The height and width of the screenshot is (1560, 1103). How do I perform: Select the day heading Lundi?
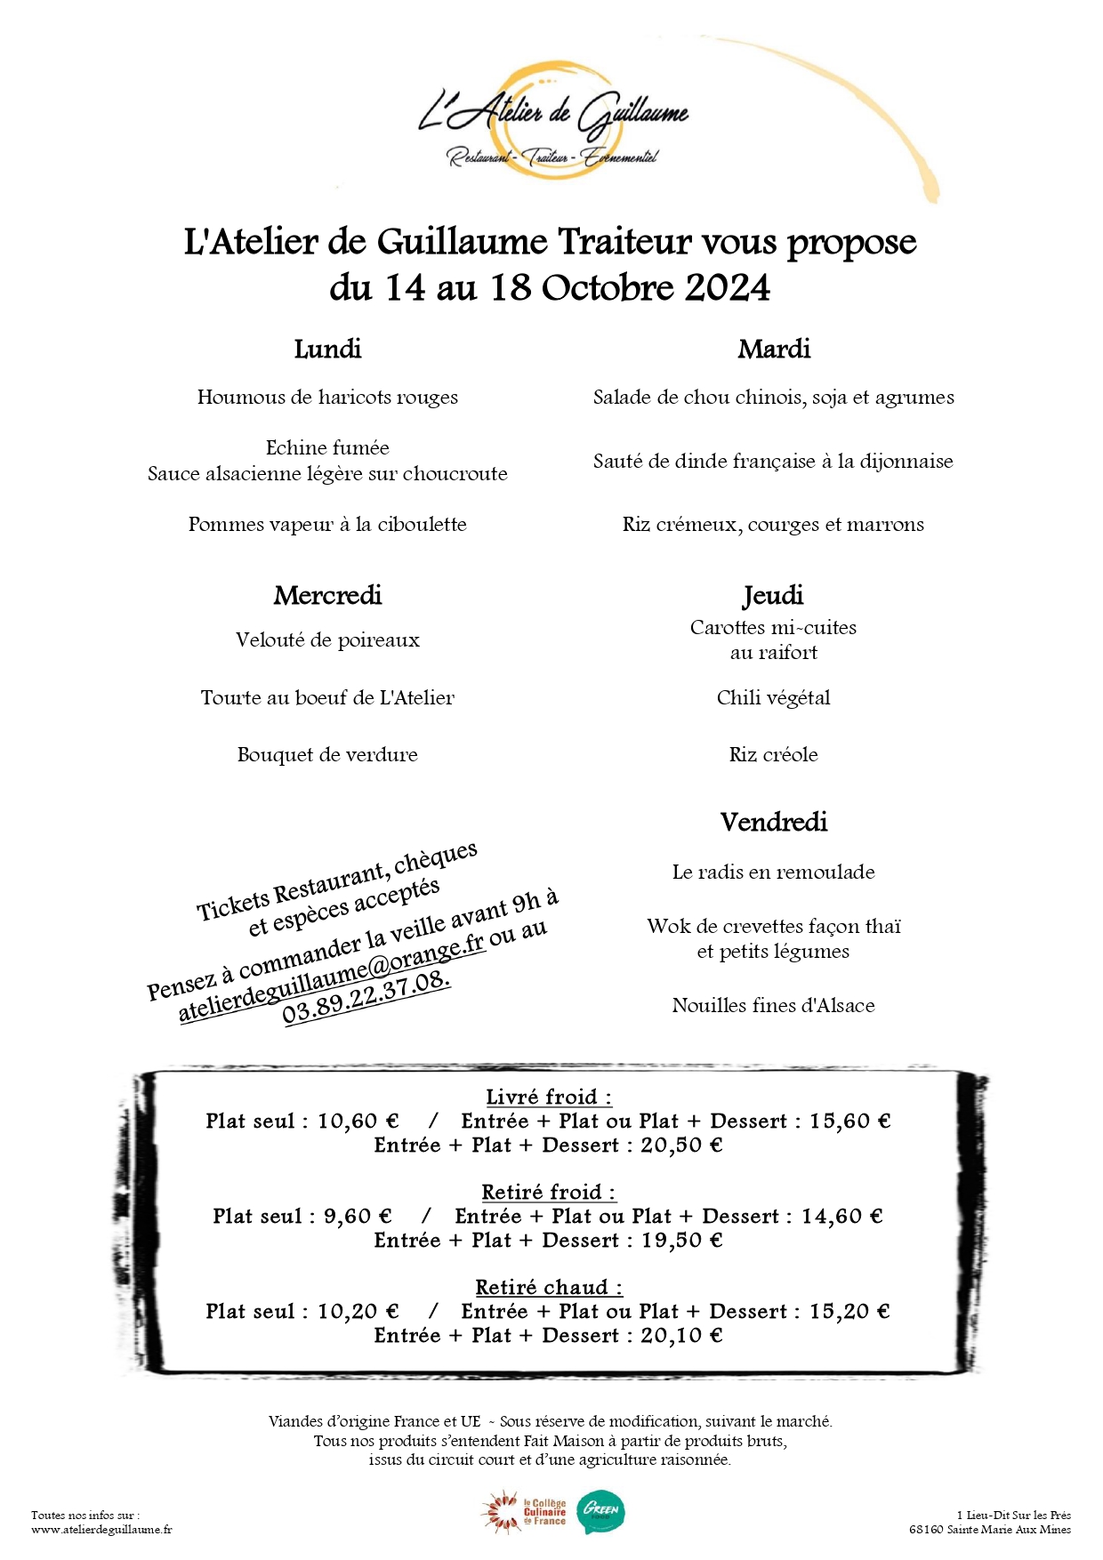tap(327, 349)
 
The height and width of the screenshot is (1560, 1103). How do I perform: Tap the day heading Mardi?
tap(774, 349)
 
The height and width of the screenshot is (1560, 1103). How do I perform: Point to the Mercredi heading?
tap(327, 595)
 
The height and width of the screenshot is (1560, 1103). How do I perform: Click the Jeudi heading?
tap(773, 595)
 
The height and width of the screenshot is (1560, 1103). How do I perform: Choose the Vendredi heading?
tap(774, 822)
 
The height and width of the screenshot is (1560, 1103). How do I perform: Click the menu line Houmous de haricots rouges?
tap(327, 398)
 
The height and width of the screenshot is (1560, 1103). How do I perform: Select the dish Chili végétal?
tap(773, 698)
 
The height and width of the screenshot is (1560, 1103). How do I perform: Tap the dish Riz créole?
tap(773, 755)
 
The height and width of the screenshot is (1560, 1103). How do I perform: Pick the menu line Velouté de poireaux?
tap(327, 640)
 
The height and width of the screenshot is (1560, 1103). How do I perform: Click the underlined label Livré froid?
tap(548, 1098)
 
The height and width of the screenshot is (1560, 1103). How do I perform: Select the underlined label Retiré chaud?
tap(548, 1288)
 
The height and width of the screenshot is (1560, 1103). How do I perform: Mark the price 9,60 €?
tap(358, 1217)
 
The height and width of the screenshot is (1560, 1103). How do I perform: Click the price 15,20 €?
tap(849, 1312)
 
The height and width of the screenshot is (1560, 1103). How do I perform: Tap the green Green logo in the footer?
tap(600, 1512)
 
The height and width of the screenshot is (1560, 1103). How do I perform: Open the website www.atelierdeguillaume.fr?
tap(101, 1530)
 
